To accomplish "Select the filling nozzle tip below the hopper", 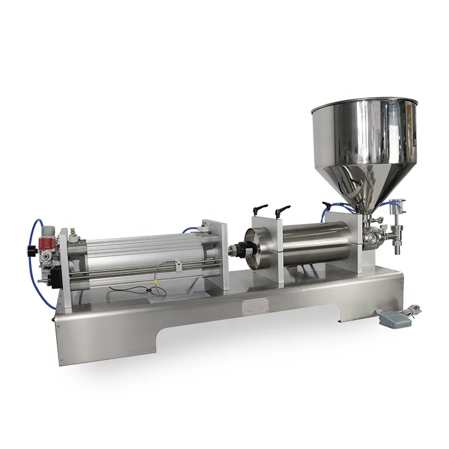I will pos(397,248).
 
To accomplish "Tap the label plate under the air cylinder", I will pos(161,300).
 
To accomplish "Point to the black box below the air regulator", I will pos(56,277).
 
